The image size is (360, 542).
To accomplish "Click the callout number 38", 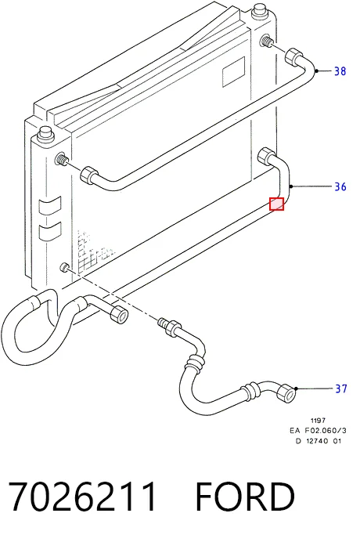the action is pos(340,71).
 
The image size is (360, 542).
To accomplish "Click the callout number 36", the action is pos(340,186).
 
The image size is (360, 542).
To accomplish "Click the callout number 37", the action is pos(341,388).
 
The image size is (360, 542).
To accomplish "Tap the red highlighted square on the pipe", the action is pos(277,204).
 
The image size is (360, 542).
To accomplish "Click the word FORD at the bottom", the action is pos(245,497).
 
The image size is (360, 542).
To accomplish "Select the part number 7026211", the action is pos(82,497).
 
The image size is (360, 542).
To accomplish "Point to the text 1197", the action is pos(318,421).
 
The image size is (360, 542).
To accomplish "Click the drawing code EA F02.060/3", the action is pos(318,430).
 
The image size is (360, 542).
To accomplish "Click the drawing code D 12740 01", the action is pos(319,441).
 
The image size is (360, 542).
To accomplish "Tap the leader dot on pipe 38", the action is pos(316,71).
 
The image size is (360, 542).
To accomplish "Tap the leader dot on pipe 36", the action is pos(291,186).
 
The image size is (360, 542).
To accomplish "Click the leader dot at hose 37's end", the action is pos(296,388).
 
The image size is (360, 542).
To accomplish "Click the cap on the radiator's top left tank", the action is pos(45,132).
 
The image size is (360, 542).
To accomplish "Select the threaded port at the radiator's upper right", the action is pos(267,41).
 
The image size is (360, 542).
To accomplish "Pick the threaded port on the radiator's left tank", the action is pos(61,159).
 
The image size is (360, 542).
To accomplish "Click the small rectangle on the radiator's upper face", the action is pos(233,72).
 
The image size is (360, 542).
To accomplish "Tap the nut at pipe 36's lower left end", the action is pos(119,315).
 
